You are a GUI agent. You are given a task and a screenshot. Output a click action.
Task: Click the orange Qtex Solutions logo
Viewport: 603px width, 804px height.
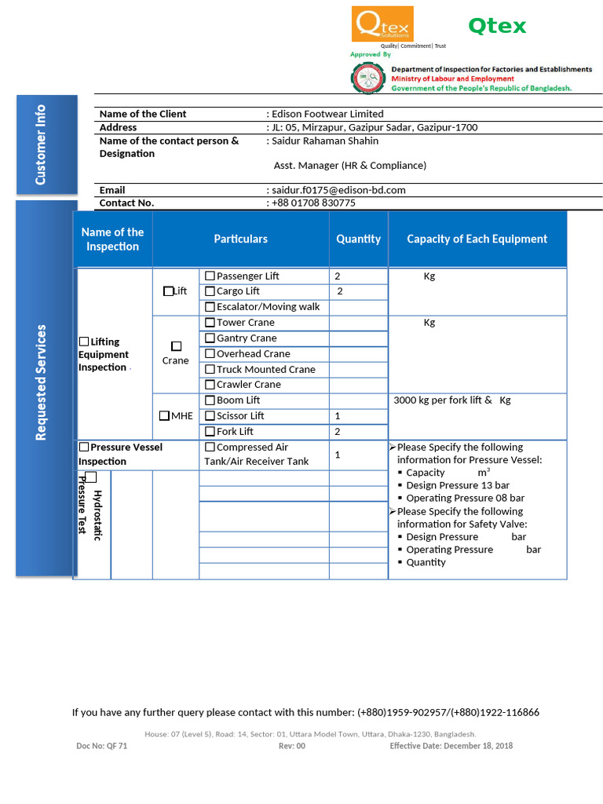[x=382, y=25]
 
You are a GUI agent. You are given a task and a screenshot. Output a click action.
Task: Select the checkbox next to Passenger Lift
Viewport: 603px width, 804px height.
[x=210, y=276]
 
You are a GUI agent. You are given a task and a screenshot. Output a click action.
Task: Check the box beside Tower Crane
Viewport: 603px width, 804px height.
[x=210, y=323]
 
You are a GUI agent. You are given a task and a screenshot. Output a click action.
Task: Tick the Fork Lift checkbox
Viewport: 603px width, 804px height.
[x=210, y=432]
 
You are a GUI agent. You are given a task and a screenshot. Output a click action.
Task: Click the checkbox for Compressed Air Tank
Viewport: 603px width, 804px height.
[x=210, y=448]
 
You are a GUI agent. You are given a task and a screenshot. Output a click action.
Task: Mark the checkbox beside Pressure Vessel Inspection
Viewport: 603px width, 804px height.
[x=84, y=448]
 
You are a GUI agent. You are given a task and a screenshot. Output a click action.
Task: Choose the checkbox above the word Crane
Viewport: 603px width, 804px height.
[x=176, y=346]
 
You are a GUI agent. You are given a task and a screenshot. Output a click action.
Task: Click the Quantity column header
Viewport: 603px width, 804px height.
[x=358, y=239]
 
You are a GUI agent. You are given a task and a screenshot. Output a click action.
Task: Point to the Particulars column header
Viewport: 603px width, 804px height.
[x=240, y=239]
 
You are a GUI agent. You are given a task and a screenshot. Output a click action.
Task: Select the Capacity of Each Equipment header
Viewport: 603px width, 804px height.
[x=477, y=239]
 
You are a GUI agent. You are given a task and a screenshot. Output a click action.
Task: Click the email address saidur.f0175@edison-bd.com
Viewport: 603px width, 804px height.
[x=339, y=190]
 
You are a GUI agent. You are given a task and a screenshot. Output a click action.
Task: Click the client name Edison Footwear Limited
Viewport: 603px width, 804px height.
[x=327, y=114]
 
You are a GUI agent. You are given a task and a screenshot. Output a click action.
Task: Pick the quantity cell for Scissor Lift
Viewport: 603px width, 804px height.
[x=358, y=416]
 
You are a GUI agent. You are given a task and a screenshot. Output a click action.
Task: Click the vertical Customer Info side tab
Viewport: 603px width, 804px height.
[x=47, y=144]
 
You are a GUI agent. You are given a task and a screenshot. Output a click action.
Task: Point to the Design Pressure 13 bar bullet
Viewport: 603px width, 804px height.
[x=457, y=485]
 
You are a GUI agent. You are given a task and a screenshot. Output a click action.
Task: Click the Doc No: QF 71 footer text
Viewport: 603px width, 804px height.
[x=101, y=746]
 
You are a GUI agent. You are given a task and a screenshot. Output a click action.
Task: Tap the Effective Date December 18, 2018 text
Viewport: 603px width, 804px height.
[x=451, y=746]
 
